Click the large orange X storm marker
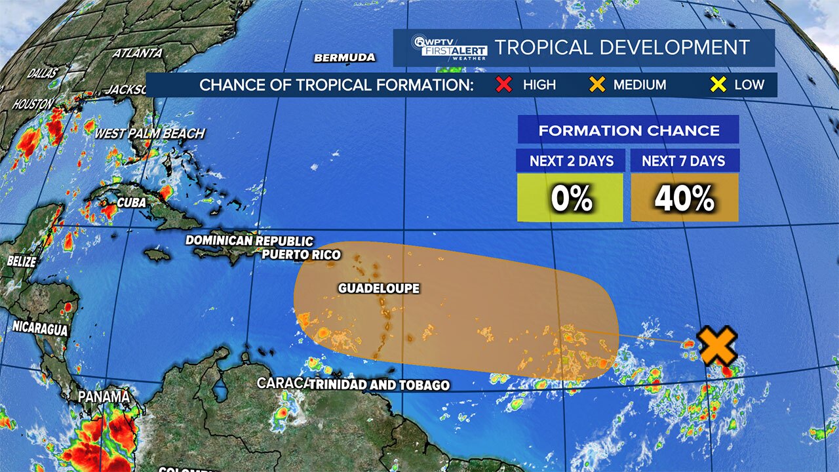tap(717, 347)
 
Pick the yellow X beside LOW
tap(719, 85)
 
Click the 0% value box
tap(570, 198)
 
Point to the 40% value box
tap(684, 198)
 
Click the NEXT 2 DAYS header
tap(570, 161)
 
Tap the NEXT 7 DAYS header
tap(684, 161)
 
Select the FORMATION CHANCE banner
tap(628, 130)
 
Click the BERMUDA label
tap(345, 58)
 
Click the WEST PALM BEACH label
tap(149, 134)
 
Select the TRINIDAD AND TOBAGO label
tap(379, 385)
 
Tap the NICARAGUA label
tap(40, 328)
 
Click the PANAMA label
tap(104, 397)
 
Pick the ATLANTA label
tap(137, 53)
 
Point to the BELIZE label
tap(22, 261)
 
